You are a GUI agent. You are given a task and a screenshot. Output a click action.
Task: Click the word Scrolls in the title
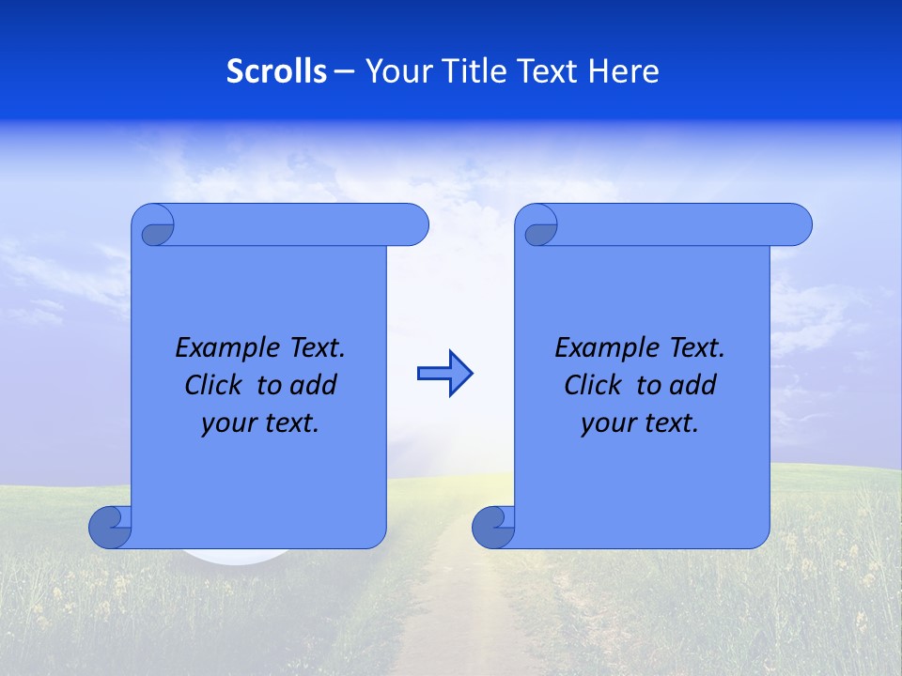276,71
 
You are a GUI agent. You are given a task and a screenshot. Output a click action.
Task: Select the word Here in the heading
624,71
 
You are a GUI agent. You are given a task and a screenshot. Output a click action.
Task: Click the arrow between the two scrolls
444,374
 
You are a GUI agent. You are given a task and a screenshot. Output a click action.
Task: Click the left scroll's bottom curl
111,528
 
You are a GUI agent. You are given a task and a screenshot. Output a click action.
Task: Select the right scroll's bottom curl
493,528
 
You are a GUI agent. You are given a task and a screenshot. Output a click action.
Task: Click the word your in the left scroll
226,423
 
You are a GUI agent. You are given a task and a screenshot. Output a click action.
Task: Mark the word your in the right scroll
606,423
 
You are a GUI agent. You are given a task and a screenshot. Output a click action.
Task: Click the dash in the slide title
345,71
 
